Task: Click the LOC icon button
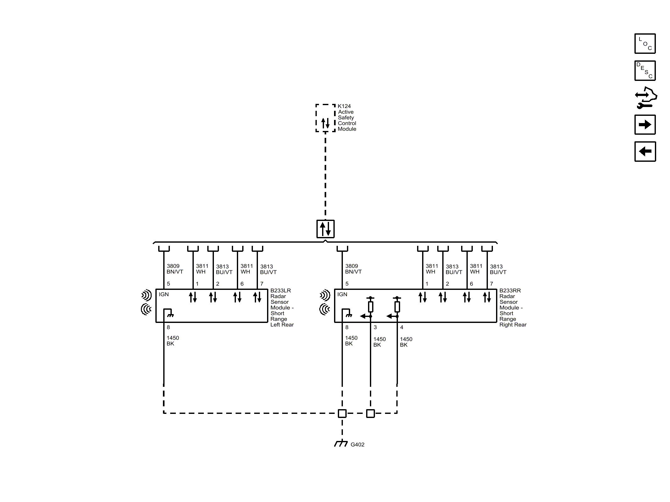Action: click(645, 43)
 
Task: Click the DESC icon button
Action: click(645, 71)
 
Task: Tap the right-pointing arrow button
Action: click(645, 125)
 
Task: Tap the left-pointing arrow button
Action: click(645, 151)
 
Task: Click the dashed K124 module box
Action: click(325, 118)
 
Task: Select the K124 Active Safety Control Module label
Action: click(347, 117)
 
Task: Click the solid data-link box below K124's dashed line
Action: click(325, 229)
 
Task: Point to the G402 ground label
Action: click(357, 444)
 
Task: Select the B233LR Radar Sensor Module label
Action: click(282, 307)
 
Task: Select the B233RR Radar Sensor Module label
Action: click(512, 307)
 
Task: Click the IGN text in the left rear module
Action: click(164, 294)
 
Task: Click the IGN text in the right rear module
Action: click(342, 294)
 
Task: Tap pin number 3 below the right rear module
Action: click(375, 327)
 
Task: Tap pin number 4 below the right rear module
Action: click(401, 327)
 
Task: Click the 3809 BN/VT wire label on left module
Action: click(175, 269)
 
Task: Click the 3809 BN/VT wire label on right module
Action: click(353, 269)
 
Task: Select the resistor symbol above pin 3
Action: click(371, 307)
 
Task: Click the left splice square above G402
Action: click(342, 413)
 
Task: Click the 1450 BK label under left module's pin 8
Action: click(172, 341)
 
